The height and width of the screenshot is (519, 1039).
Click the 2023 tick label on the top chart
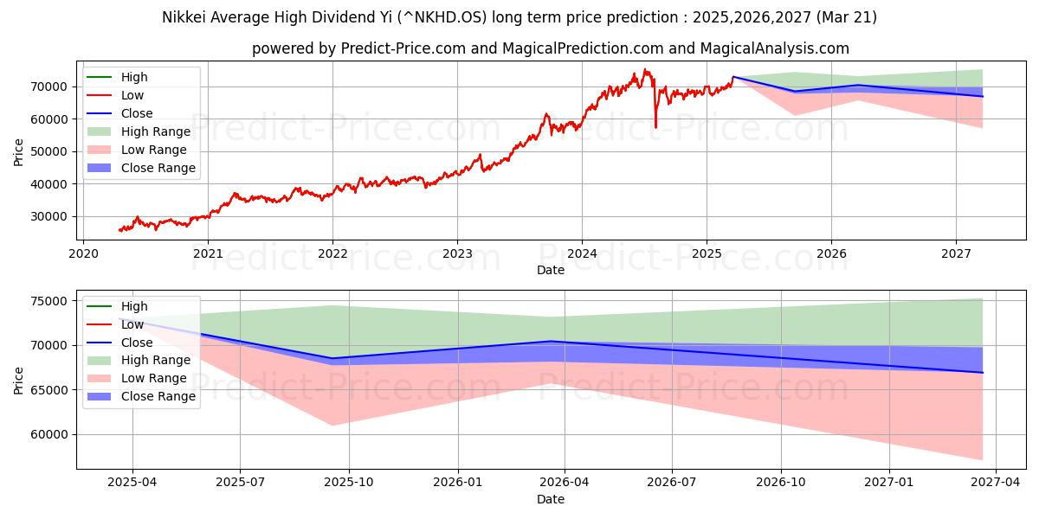[x=457, y=253]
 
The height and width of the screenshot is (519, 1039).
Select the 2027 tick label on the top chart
[x=956, y=253]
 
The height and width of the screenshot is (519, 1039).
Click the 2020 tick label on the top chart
[x=83, y=253]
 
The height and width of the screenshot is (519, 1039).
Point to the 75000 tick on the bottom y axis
[x=48, y=301]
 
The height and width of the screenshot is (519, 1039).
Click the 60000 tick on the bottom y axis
[x=48, y=434]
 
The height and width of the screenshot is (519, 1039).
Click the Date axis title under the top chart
[x=551, y=270]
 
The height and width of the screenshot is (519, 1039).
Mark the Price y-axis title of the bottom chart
[x=19, y=380]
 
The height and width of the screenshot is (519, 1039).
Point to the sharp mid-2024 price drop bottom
[x=655, y=127]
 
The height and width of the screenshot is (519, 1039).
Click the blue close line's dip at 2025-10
[x=355, y=358]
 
